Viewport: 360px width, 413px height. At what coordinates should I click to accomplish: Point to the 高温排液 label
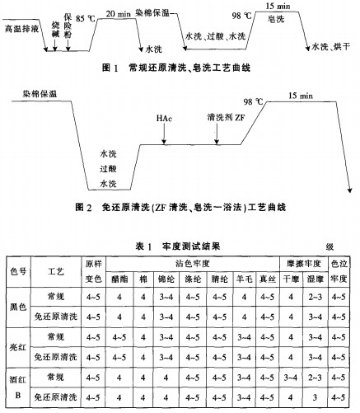pyautogui.click(x=21, y=28)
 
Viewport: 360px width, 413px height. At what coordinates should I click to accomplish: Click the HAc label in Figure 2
pyautogui.click(x=163, y=118)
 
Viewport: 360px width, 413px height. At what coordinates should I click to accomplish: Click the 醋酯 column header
pyautogui.click(x=119, y=279)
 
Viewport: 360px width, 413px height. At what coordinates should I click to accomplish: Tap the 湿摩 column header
pyautogui.click(x=314, y=279)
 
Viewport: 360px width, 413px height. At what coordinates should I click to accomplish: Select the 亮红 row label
pyautogui.click(x=17, y=347)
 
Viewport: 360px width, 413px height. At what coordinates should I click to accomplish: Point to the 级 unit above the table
pyautogui.click(x=328, y=246)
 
